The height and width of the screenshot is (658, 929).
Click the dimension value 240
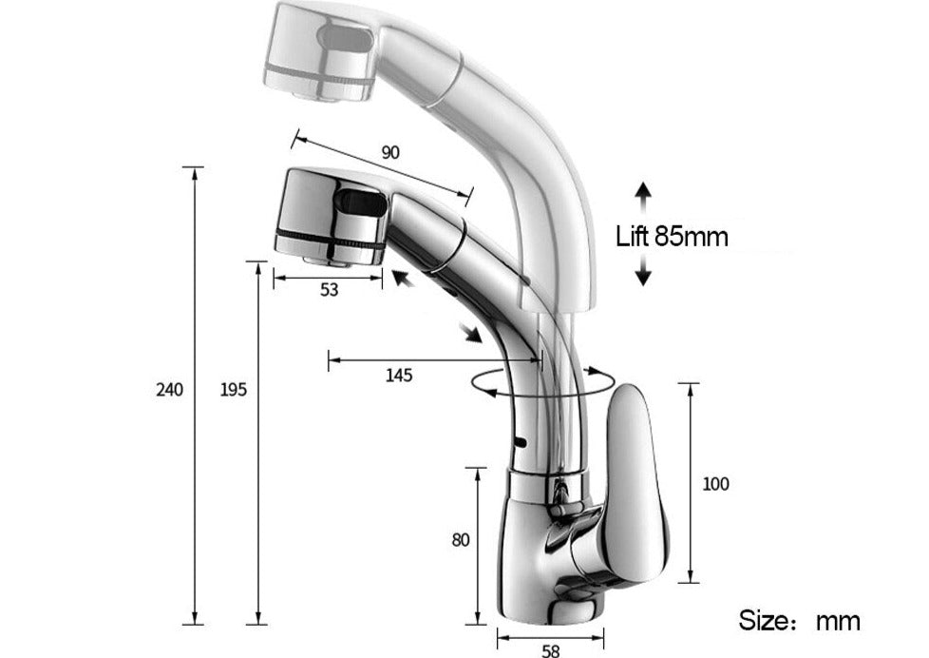(169, 389)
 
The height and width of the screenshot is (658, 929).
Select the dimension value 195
(233, 389)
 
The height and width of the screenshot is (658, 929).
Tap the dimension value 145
(399, 375)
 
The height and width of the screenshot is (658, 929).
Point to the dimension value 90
(389, 152)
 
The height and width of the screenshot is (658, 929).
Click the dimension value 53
(329, 291)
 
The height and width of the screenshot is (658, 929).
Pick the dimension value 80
(461, 539)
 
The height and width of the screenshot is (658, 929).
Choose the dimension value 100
(715, 484)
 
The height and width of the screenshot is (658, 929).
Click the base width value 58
(551, 650)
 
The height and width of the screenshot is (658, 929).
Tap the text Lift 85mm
(672, 235)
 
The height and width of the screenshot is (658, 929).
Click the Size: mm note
(800, 621)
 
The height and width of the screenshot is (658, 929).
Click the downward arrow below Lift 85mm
(643, 272)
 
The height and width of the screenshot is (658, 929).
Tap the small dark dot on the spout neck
(519, 442)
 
